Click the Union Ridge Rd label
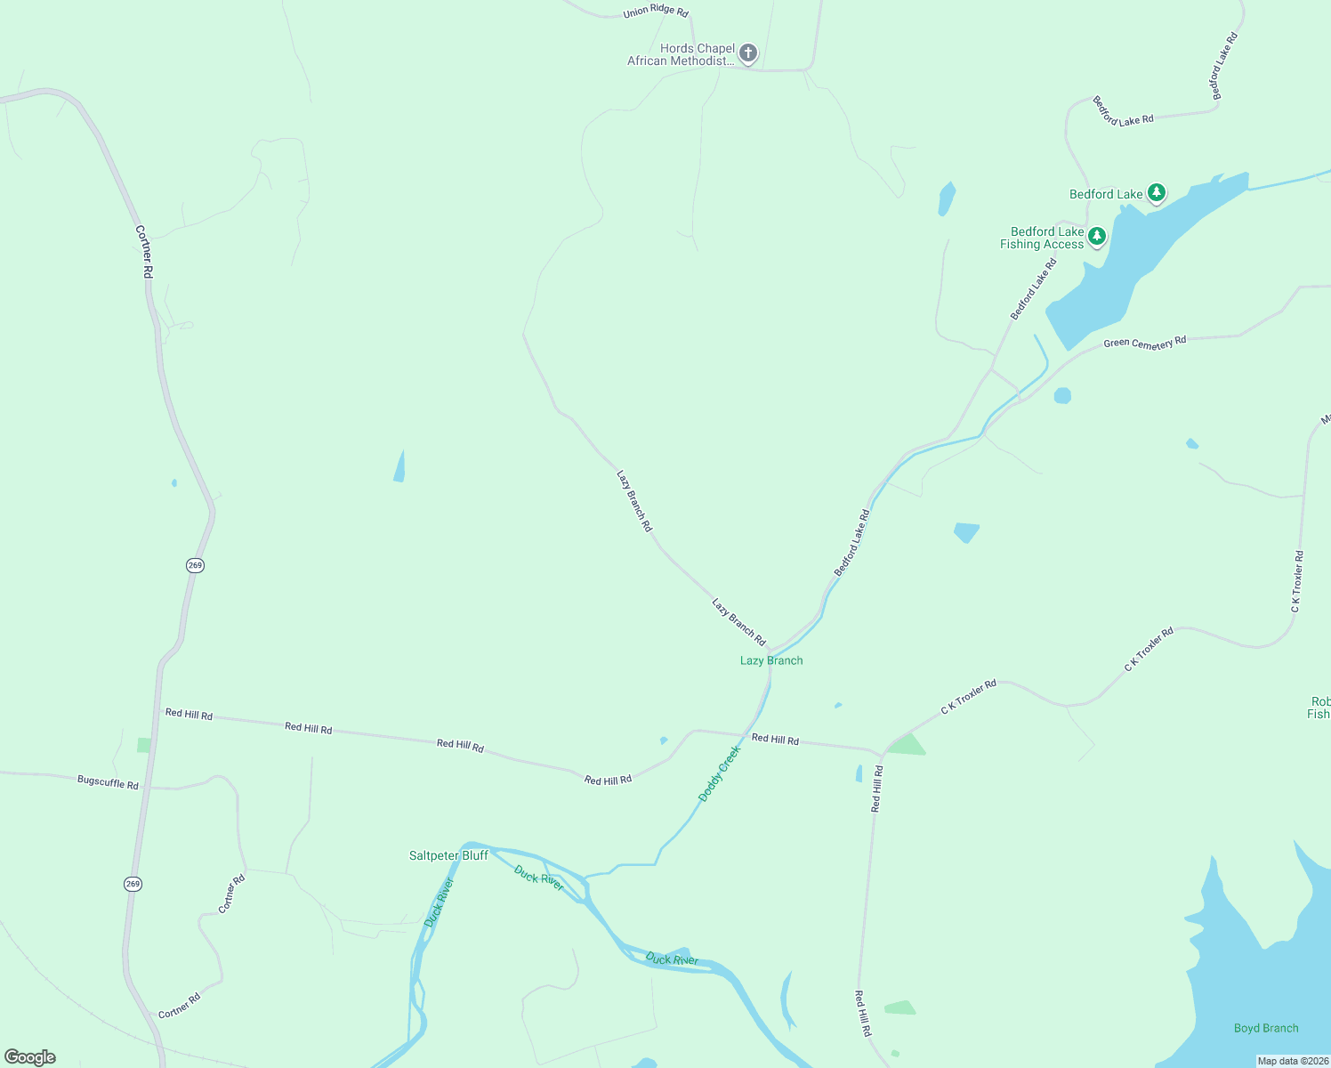tap(656, 12)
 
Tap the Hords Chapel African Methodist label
tap(682, 55)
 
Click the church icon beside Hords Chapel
tap(748, 53)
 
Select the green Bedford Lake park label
tap(1106, 194)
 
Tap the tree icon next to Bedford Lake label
tap(1156, 192)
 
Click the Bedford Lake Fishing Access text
tap(1042, 238)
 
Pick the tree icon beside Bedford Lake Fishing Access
tap(1097, 236)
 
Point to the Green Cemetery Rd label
tap(1144, 343)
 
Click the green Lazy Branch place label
tap(771, 660)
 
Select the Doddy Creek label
tap(719, 774)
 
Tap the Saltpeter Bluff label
tap(448, 855)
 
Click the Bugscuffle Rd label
tap(108, 783)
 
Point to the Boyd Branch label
tap(1266, 1028)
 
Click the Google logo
tap(30, 1057)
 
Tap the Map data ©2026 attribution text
tap(1293, 1061)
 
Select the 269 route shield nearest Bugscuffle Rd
tap(133, 884)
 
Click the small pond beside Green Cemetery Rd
tap(1062, 395)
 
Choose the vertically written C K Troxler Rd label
tap(1297, 581)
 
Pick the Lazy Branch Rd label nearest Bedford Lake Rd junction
tap(738, 622)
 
